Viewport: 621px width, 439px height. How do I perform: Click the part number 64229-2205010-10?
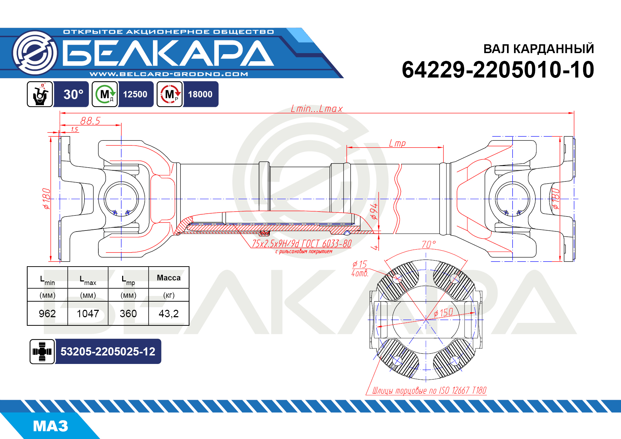(498, 69)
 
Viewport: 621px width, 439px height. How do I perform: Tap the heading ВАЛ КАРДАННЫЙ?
(539, 49)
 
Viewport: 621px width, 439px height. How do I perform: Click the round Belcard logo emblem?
(34, 53)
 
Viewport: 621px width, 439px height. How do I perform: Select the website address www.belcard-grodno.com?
(169, 74)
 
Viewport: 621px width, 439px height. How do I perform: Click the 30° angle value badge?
(73, 94)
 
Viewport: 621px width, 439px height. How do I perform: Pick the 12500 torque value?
(135, 94)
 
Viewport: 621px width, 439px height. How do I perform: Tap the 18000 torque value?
(200, 94)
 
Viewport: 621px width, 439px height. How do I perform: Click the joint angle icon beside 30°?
(40, 94)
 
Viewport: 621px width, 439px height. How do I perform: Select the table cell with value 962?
(47, 313)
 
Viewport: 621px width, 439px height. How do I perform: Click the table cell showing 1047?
(88, 313)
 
